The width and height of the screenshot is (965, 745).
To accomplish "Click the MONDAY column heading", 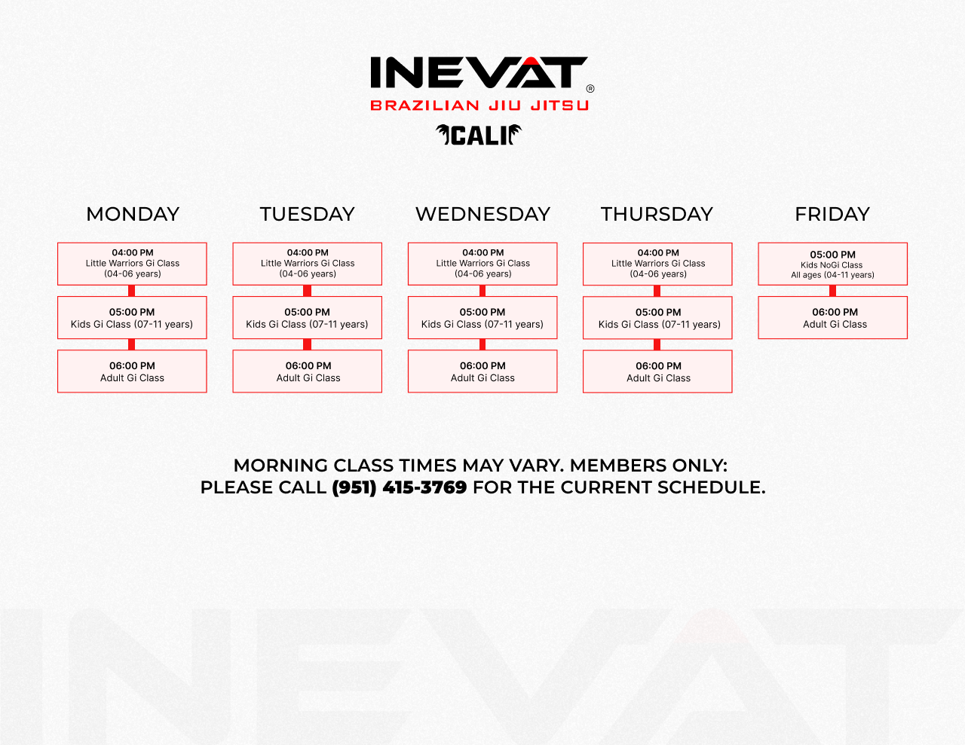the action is coord(133,215).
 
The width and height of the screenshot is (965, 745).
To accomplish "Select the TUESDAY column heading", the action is coord(308,215).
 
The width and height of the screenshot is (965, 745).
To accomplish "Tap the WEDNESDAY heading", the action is coord(482,215).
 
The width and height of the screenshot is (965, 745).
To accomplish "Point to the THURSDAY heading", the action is coord(657,215).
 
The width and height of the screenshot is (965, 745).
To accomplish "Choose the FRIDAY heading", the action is coord(832,215).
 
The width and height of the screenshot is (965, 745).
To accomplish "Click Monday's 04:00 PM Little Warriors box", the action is coord(132,264).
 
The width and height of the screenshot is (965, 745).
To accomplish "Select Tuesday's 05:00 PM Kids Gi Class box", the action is coord(308,318).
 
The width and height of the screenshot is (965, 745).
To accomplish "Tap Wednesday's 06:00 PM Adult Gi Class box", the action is coord(482,371).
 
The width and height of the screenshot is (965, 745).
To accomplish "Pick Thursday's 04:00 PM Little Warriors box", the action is coord(657,264).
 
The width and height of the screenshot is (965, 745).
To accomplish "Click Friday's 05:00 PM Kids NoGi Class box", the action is coord(832,264).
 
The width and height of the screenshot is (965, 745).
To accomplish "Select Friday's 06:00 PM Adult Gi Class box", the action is coord(832,318).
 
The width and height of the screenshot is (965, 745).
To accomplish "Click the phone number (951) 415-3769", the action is coord(400,487).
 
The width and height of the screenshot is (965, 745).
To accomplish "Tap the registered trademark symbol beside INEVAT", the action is coord(590,89).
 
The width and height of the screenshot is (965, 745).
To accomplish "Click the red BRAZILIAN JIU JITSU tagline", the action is coord(479,105).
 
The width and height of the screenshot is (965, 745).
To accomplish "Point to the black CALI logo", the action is coord(479,135).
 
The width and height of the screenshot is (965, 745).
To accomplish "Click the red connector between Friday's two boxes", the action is coord(832,291).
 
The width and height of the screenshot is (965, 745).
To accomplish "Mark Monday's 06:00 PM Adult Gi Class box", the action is coord(132,371).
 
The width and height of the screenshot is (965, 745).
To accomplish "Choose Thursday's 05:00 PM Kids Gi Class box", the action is coord(657,318).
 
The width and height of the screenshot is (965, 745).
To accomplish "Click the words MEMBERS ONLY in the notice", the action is coord(648,466).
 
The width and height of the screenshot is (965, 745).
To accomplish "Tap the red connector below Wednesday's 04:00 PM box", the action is coord(482,291).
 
